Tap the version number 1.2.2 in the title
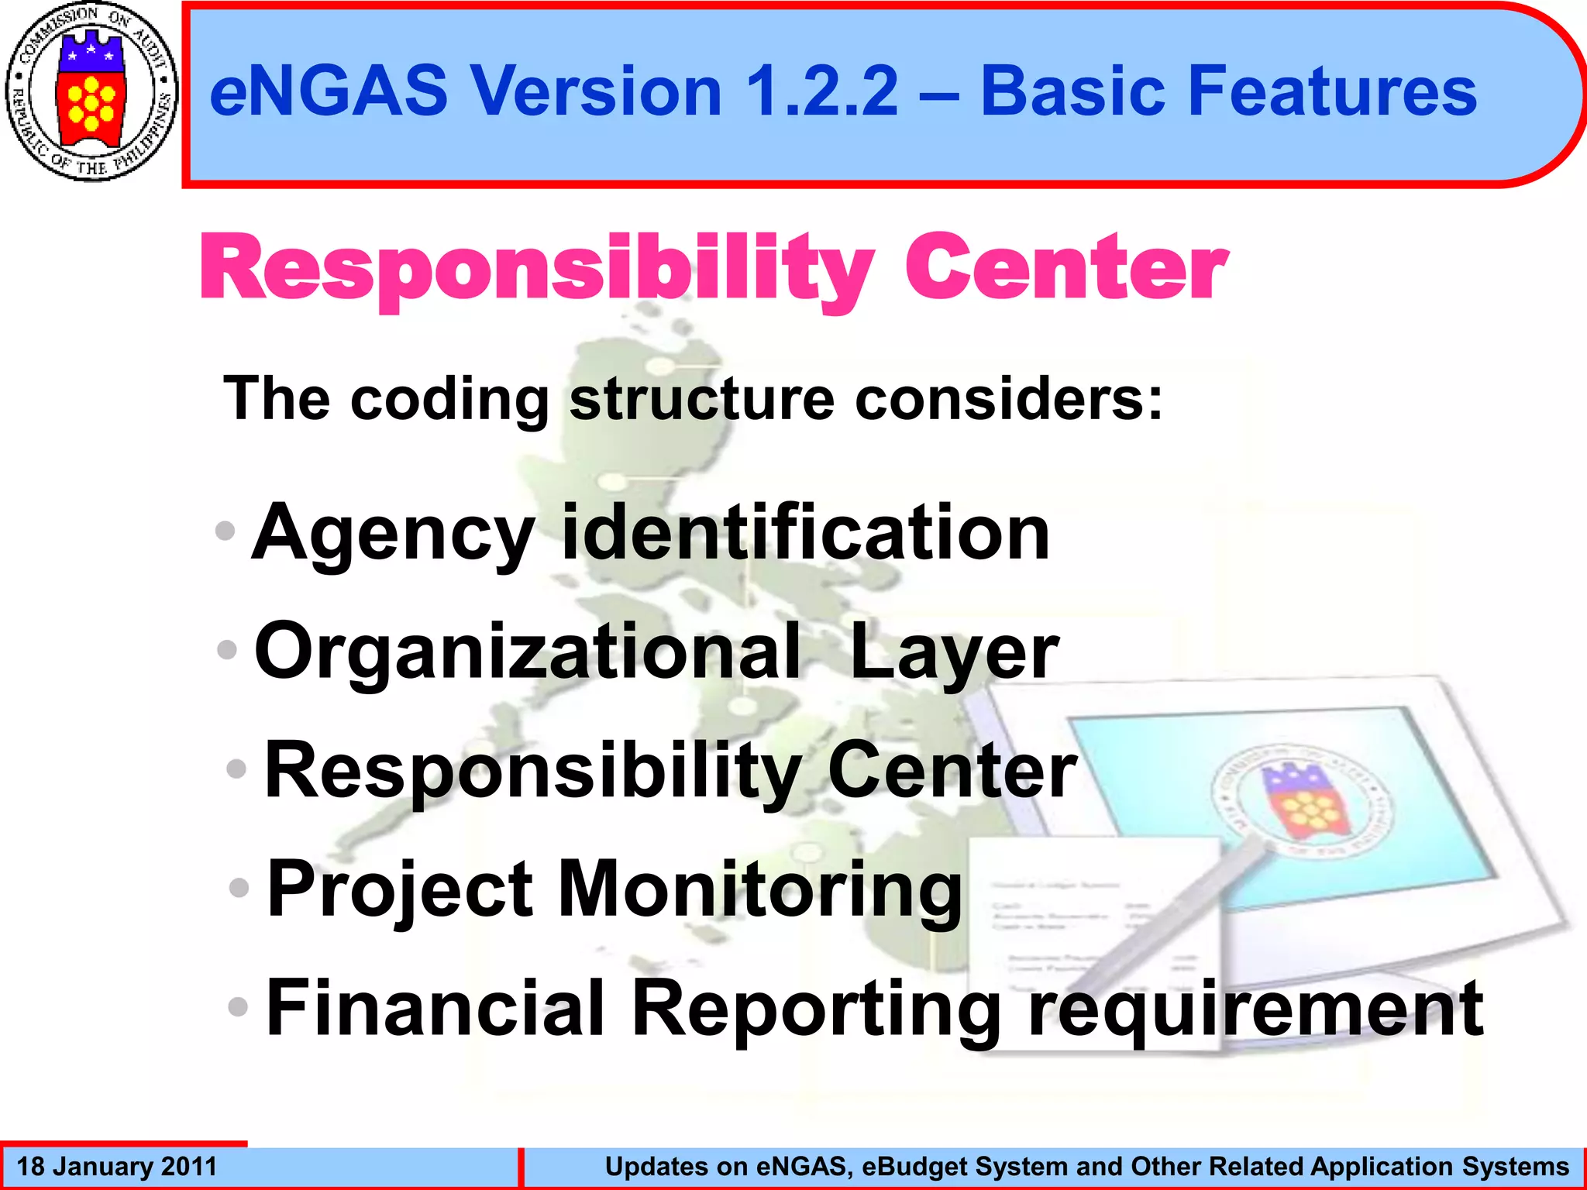822,91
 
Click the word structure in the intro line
702,399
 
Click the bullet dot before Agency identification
225,531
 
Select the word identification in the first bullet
805,532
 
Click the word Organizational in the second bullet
527,652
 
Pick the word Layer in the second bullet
954,652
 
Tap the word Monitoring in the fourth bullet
759,889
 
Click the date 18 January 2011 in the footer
117,1167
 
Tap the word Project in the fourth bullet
400,889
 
